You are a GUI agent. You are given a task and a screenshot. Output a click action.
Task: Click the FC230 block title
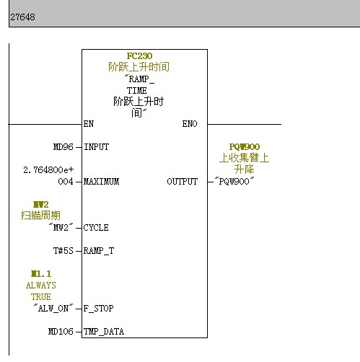click(x=139, y=56)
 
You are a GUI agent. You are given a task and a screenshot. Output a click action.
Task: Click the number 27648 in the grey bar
click(x=22, y=17)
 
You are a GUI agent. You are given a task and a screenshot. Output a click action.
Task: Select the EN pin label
click(x=89, y=124)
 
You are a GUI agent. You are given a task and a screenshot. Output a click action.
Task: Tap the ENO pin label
click(x=190, y=124)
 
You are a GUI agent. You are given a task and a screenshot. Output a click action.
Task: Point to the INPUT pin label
click(x=96, y=147)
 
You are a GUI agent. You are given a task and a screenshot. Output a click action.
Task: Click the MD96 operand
click(x=63, y=147)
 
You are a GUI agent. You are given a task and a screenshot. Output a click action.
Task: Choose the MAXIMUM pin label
click(x=101, y=182)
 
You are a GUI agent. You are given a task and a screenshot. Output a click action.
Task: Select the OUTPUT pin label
click(x=183, y=182)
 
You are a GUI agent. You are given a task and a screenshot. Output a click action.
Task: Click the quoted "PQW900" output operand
click(x=234, y=181)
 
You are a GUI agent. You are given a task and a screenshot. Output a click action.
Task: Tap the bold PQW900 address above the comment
click(x=245, y=146)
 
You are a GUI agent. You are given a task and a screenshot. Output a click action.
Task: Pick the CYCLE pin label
click(x=96, y=228)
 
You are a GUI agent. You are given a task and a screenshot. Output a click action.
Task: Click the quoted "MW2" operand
click(x=61, y=227)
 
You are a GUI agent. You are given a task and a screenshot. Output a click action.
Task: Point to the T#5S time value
click(x=63, y=251)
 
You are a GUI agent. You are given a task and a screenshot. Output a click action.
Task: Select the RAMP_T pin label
click(x=99, y=251)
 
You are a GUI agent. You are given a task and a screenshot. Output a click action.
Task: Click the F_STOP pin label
click(x=98, y=309)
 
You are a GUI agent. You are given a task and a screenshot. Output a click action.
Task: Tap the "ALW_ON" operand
click(x=53, y=308)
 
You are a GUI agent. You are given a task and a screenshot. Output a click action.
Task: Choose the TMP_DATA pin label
click(x=104, y=332)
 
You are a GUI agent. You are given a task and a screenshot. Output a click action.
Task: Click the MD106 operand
click(x=61, y=332)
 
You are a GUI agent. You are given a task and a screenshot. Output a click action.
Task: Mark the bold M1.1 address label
click(x=41, y=273)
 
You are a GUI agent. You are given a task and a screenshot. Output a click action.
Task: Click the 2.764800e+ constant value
click(x=48, y=170)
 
